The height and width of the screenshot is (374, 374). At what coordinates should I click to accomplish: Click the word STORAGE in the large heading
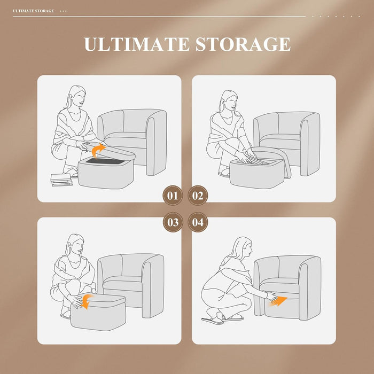(243, 44)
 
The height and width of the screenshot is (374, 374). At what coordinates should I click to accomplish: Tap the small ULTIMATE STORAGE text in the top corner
(33, 11)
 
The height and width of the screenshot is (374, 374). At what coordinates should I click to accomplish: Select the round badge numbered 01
(173, 196)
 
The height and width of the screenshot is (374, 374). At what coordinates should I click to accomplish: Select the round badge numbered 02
(198, 196)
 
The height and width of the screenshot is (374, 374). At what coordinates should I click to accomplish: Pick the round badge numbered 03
(173, 222)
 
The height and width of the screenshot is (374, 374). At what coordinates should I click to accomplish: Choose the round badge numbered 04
(198, 222)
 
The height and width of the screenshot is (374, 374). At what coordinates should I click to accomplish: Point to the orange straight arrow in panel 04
(279, 301)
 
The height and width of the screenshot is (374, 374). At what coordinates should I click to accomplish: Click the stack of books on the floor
(61, 180)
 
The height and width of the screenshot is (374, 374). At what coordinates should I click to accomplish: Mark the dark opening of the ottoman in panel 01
(105, 161)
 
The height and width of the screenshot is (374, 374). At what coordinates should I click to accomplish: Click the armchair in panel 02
(287, 143)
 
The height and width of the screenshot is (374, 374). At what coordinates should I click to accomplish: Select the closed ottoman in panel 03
(98, 312)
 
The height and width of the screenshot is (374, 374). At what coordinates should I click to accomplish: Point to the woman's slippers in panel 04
(222, 319)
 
